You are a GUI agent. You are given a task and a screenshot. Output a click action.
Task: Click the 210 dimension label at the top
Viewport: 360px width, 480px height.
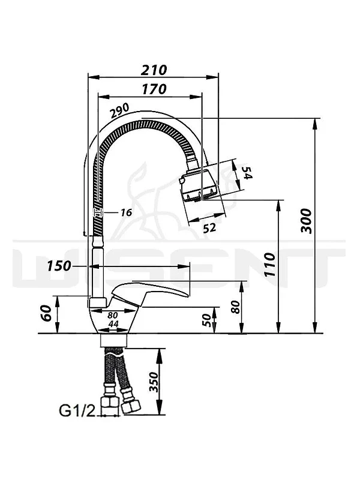tap(154, 70)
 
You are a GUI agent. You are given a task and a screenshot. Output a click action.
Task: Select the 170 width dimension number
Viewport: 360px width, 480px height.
tap(154, 89)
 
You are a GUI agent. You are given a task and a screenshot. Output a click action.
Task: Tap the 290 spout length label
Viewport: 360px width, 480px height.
tap(120, 111)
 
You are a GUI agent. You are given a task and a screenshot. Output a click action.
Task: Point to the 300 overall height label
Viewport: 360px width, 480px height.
tap(306, 221)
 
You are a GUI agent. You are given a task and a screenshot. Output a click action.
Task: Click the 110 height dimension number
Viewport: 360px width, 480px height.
tap(270, 265)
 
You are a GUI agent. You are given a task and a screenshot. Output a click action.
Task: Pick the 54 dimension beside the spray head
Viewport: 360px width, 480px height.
tap(247, 173)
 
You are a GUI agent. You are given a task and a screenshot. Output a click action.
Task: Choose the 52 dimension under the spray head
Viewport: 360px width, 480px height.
tap(209, 228)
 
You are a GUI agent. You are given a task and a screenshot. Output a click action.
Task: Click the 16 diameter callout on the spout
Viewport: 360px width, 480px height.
tap(126, 212)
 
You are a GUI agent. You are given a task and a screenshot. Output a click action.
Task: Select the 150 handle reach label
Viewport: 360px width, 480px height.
tap(59, 266)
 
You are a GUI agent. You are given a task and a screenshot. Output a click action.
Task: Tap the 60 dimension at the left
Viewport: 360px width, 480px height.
tap(46, 313)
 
